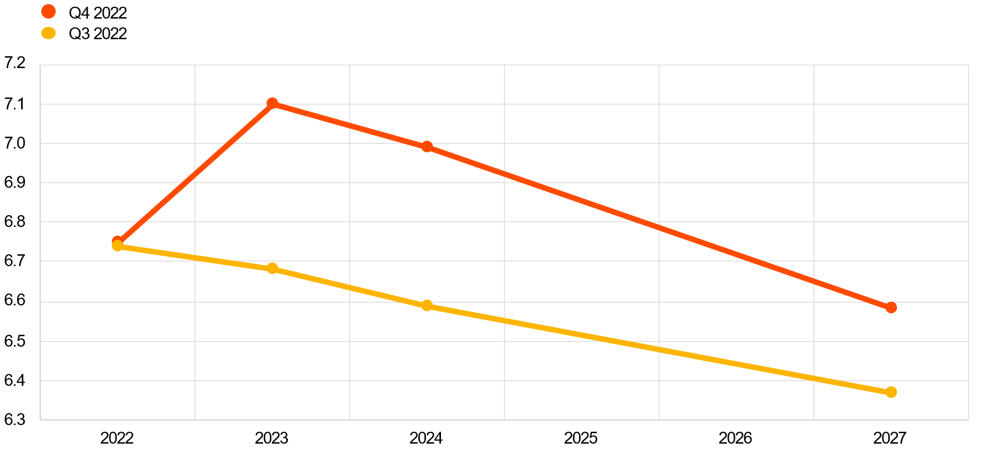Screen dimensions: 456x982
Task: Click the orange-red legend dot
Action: click(x=48, y=11)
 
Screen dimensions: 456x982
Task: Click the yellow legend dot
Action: click(x=48, y=33)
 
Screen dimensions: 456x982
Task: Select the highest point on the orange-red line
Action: click(x=272, y=103)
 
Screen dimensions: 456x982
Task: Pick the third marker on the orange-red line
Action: click(x=427, y=147)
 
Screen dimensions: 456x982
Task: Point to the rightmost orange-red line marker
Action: click(x=891, y=308)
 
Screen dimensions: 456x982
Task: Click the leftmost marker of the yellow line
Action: click(x=118, y=246)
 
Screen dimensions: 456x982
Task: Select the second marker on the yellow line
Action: click(x=272, y=268)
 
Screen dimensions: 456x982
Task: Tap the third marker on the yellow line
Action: click(x=427, y=306)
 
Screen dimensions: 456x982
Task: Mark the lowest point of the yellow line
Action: click(x=891, y=393)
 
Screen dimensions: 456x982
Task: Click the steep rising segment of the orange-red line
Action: click(x=195, y=172)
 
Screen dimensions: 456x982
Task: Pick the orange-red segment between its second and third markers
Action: click(x=350, y=125)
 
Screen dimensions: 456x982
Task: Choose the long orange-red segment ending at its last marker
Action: click(x=659, y=227)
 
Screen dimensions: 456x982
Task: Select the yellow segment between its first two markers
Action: click(x=195, y=257)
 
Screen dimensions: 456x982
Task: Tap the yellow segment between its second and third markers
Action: click(x=350, y=287)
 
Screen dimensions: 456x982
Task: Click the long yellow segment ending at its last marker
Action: click(x=659, y=349)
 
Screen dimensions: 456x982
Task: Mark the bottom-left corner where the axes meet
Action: click(x=40, y=420)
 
